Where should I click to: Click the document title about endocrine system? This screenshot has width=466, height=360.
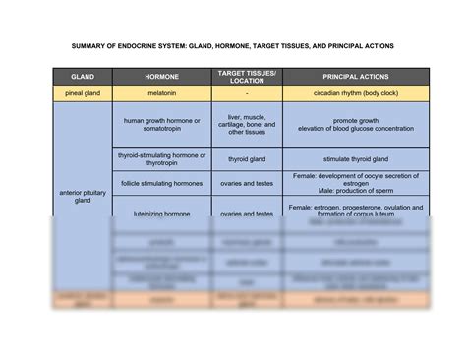point(232,45)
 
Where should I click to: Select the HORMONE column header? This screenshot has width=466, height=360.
point(161,77)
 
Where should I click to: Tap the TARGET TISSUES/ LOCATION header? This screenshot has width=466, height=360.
point(246,77)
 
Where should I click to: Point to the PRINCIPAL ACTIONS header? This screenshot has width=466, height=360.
point(355,77)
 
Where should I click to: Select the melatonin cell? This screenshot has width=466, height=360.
point(161,93)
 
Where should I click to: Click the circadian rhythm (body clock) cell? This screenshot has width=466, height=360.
point(355,93)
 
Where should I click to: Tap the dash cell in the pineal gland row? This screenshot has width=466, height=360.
point(246,93)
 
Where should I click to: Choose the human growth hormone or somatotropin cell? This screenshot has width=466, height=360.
point(161,125)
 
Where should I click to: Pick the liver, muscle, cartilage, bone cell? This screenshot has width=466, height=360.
point(246,125)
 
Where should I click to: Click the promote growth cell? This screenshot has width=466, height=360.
point(355,125)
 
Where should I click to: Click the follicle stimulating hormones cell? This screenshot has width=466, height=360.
point(161,183)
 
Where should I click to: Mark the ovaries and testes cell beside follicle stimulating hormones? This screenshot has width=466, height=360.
point(246,183)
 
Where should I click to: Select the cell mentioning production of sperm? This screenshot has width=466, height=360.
point(355,183)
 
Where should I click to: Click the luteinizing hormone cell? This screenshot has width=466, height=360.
point(161,213)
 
